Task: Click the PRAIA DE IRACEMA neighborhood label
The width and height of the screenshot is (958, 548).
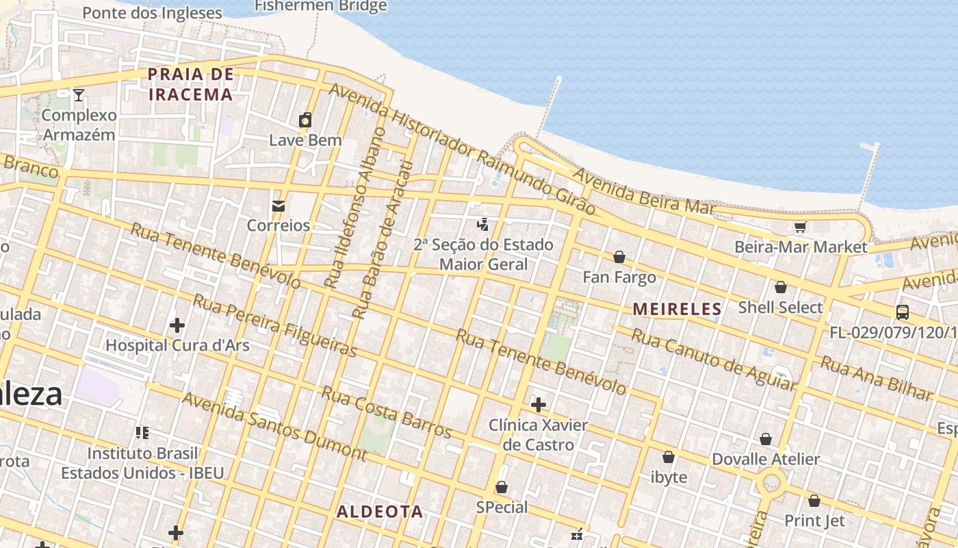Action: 191,84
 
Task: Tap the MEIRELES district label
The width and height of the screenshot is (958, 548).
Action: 677,309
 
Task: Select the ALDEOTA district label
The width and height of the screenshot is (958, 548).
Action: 380,512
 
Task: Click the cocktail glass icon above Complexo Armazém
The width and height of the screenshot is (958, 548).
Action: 79,95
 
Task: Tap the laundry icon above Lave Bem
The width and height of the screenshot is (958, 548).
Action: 305,120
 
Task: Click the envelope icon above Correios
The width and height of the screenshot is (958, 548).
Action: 279,206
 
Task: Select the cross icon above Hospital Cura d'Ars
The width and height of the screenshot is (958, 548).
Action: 177,325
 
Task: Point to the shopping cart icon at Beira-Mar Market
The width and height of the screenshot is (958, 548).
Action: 800,227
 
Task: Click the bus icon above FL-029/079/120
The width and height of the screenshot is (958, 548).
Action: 903,312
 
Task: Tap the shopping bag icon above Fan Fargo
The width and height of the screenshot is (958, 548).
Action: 619,257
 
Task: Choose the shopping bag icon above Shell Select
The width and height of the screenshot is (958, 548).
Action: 780,287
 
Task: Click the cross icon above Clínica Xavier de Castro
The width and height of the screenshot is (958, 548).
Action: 539,405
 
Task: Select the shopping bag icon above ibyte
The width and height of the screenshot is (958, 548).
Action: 669,457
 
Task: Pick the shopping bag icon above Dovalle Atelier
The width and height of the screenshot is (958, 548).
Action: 766,439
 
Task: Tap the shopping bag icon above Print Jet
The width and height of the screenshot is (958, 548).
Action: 814,501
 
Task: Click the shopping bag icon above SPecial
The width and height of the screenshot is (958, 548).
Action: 502,487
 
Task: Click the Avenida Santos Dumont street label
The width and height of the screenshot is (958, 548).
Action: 275,425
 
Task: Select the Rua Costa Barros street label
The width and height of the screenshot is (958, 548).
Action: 387,412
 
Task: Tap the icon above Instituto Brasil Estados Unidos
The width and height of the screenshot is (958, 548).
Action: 142,432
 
